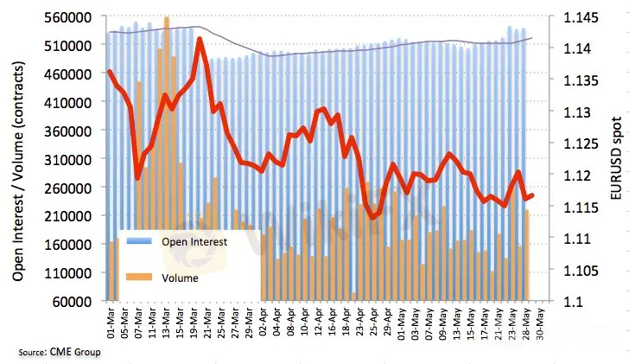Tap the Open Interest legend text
[x=194, y=242]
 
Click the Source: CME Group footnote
[x=59, y=353]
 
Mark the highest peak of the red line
[x=200, y=39]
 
